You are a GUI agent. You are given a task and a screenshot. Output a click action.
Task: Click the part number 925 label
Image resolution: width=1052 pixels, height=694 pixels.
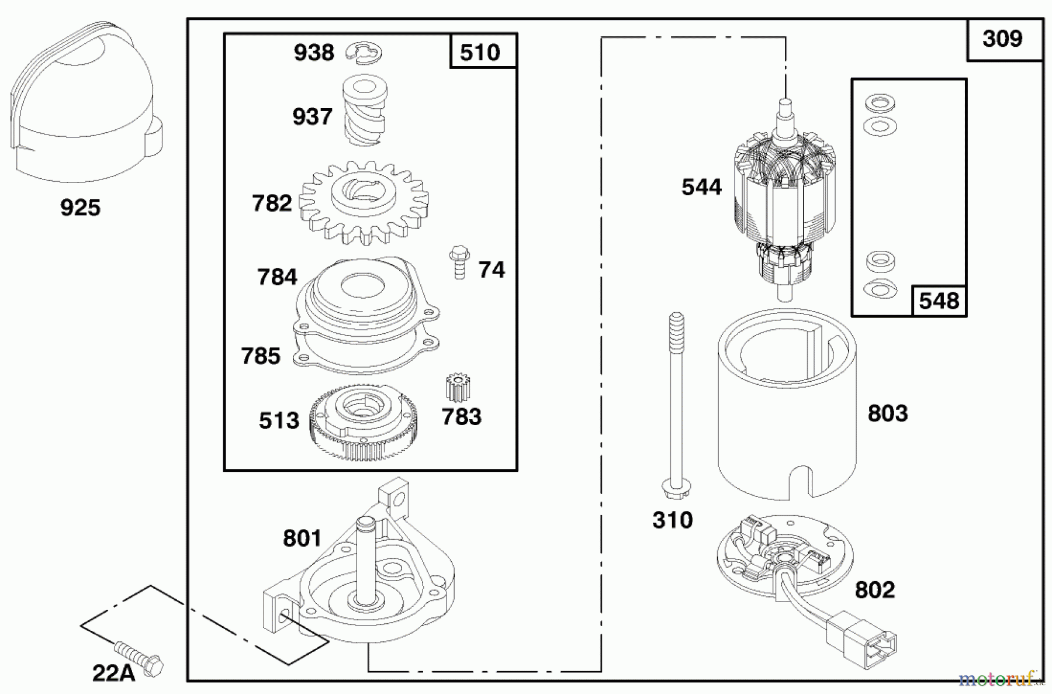[x=80, y=208]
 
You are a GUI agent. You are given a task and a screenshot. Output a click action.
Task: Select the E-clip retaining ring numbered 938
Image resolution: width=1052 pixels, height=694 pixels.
[x=364, y=52]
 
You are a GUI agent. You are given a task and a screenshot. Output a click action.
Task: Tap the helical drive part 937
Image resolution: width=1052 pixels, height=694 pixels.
[x=364, y=111]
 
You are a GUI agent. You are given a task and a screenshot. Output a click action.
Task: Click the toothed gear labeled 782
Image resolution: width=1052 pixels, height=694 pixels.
[x=364, y=202]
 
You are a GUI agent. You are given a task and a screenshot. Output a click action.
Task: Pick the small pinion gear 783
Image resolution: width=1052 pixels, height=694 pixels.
[x=458, y=388]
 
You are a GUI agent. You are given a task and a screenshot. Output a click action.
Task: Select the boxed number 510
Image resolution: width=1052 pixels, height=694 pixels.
[x=480, y=52]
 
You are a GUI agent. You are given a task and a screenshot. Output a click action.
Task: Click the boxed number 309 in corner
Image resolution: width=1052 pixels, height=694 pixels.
[x=1002, y=39]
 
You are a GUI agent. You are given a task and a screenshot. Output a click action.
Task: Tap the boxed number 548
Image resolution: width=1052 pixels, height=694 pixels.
[x=938, y=301]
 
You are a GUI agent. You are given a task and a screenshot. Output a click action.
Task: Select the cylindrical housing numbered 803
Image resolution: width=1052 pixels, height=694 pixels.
[x=786, y=409]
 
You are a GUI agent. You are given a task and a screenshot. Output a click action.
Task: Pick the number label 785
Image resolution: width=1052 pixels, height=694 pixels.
[x=261, y=355]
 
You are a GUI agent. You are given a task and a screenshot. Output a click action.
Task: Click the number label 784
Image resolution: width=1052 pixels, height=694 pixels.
[x=277, y=277]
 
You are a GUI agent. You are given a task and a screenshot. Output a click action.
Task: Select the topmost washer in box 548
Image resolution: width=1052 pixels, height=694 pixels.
[x=880, y=103]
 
